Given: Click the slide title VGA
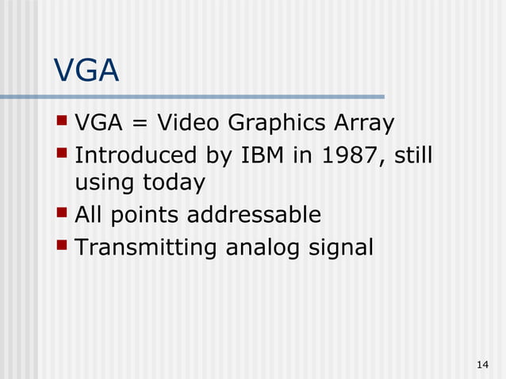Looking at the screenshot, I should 86,71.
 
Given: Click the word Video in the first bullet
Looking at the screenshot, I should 190,124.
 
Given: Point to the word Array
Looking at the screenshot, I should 362,124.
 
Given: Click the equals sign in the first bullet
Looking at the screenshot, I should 142,124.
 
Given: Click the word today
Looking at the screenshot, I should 173,183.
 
